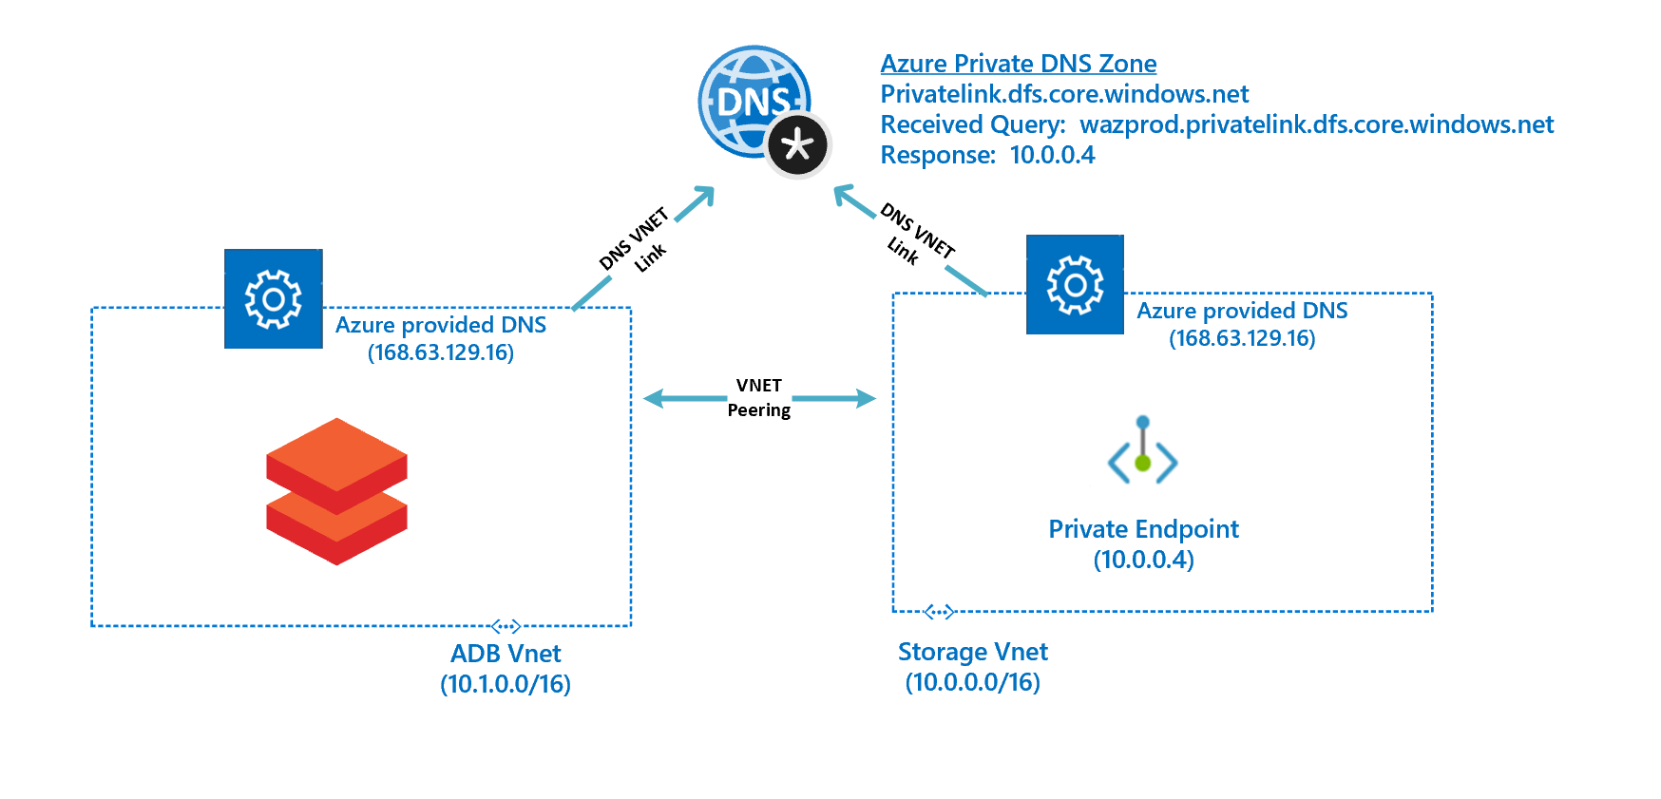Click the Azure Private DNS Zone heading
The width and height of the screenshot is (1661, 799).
(x=1018, y=64)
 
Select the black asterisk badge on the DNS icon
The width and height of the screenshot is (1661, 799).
(x=798, y=145)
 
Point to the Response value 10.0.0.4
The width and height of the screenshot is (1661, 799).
(x=1052, y=155)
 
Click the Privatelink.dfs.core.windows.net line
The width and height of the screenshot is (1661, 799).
(x=1064, y=94)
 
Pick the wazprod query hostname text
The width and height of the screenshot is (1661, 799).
(x=1316, y=124)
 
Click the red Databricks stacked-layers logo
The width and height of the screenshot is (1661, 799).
(x=336, y=491)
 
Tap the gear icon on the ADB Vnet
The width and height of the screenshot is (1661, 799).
(x=274, y=299)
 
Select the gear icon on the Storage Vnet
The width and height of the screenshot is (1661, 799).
(x=1075, y=284)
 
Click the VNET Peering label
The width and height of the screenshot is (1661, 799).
(x=758, y=397)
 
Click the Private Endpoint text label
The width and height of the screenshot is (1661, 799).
(x=1143, y=529)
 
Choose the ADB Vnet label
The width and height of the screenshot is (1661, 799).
(x=506, y=654)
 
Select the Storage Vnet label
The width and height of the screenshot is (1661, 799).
(x=972, y=652)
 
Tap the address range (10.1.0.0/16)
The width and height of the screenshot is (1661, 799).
(x=506, y=684)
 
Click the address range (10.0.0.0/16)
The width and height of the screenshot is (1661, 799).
(x=972, y=682)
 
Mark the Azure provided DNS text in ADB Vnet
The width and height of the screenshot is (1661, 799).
(x=441, y=325)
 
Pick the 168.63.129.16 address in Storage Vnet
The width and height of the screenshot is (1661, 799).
(x=1242, y=338)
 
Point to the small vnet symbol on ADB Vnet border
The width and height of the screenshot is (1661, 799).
(x=506, y=626)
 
